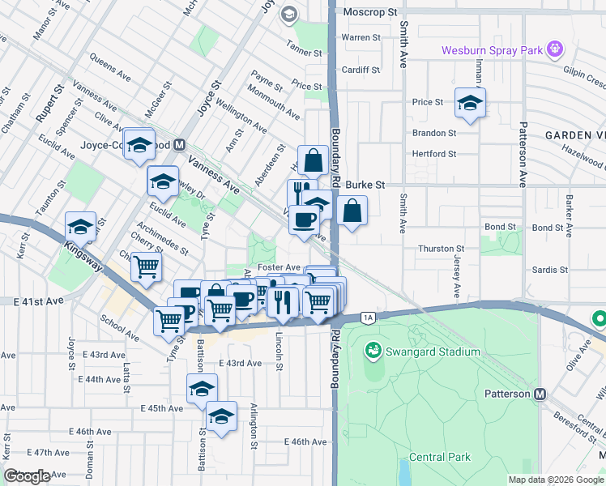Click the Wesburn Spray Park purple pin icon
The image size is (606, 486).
coord(554,49)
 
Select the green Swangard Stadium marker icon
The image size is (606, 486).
coord(373,352)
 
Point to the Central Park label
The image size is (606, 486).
coord(440,457)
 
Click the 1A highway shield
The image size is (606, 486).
coord(369,317)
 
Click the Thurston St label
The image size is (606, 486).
coord(441,249)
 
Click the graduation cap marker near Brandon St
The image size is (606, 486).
coord(470,103)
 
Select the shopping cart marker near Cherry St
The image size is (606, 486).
coord(146,266)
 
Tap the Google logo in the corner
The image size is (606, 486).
coord(27,476)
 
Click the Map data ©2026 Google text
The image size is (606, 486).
coord(556,480)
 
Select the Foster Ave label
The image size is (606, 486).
coord(279,267)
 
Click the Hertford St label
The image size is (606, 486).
coord(435,153)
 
